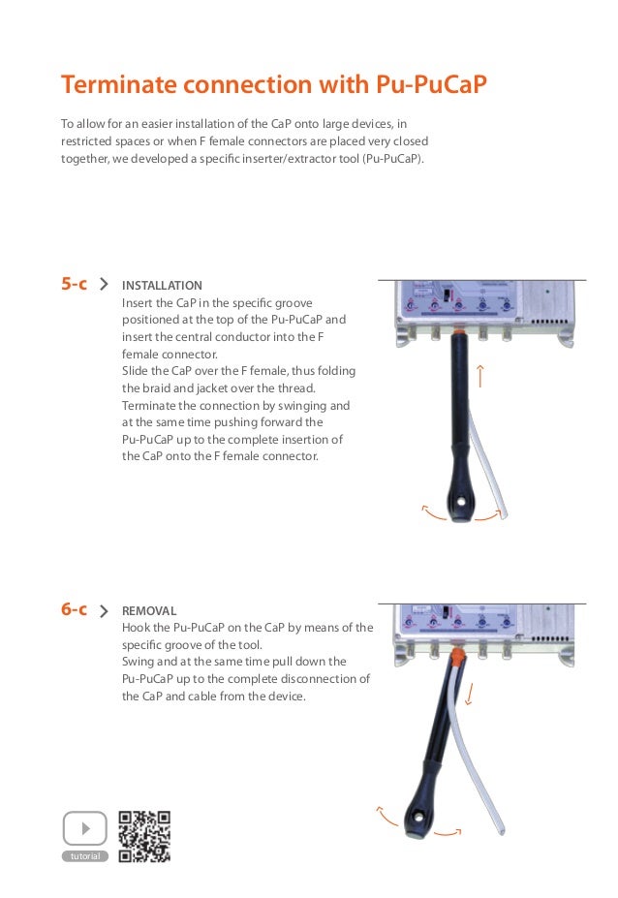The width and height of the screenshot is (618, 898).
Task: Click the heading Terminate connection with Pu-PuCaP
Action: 273,86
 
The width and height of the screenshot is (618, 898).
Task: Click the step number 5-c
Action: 75,284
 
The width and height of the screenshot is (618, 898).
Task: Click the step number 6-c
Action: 75,609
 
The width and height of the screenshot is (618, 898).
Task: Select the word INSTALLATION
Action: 162,286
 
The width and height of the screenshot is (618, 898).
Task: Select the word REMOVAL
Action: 149,611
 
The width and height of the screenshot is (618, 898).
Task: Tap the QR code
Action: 144,835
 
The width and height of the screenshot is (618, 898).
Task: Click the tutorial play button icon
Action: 84,829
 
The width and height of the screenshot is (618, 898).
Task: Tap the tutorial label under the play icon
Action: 84,857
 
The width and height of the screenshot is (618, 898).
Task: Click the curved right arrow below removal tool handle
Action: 448,832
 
